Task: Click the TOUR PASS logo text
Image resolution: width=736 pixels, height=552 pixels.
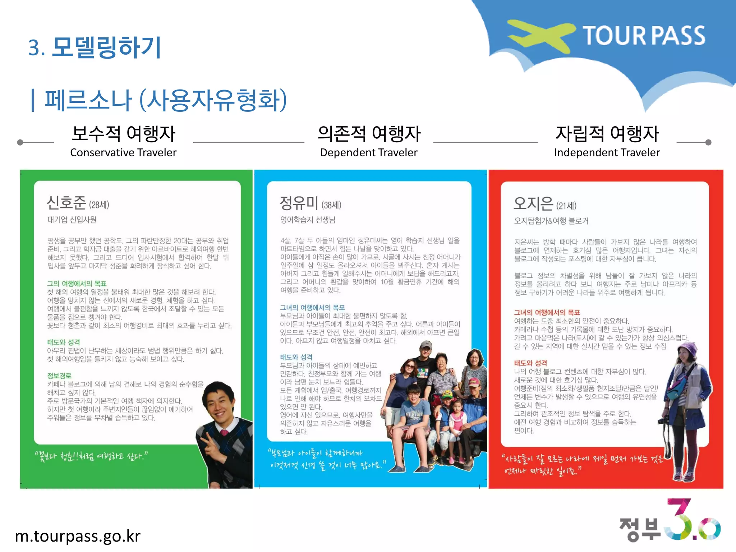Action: (644, 36)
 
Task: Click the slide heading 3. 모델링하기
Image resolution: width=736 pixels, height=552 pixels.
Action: (95, 47)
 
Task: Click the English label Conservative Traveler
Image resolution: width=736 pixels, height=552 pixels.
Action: (123, 152)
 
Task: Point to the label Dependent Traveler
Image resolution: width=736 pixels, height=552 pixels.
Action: (369, 152)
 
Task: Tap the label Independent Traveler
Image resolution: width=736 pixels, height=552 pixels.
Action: (607, 152)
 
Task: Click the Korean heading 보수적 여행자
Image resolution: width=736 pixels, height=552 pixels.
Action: (123, 134)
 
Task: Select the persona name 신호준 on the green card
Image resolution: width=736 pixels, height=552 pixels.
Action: (66, 203)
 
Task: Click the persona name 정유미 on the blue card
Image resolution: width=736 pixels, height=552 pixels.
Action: (299, 203)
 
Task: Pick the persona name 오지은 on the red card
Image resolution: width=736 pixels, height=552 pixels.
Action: (533, 203)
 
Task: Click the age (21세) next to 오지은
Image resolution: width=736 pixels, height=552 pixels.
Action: (566, 206)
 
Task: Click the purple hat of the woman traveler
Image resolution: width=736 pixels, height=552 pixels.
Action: (687, 349)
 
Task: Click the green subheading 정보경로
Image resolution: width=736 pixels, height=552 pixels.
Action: (59, 376)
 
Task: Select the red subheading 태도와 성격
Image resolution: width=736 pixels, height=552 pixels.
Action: (530, 363)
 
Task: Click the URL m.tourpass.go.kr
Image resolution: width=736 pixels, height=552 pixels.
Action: (78, 536)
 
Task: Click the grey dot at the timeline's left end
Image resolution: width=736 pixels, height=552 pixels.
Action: (20, 142)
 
